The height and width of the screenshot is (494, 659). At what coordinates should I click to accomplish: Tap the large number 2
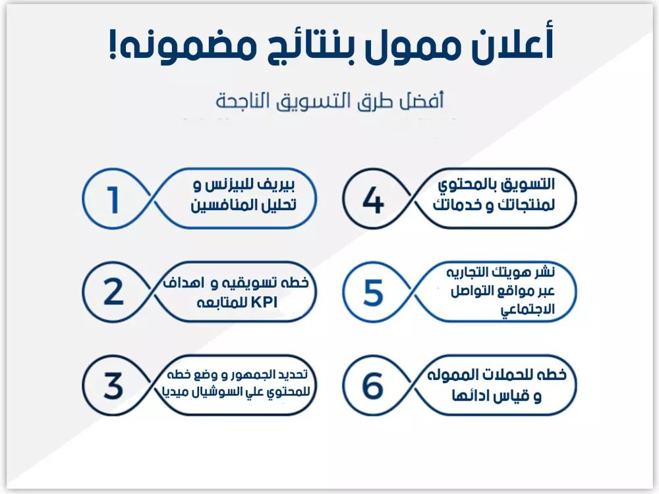click(113, 292)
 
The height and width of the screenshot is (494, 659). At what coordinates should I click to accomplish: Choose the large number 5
click(373, 292)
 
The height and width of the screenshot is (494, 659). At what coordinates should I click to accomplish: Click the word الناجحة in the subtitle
click(244, 101)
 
